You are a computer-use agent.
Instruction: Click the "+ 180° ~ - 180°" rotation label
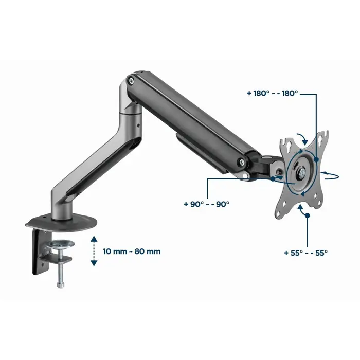(x=272, y=94)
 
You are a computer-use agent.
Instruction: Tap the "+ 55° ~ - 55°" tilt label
(x=305, y=253)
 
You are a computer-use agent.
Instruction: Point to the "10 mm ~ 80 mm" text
(x=132, y=251)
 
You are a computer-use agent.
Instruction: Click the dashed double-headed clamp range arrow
(x=93, y=251)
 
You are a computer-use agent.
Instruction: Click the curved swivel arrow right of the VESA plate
(x=330, y=175)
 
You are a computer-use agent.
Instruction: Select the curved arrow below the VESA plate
(x=301, y=208)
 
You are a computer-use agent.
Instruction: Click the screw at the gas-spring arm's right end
(x=241, y=163)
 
